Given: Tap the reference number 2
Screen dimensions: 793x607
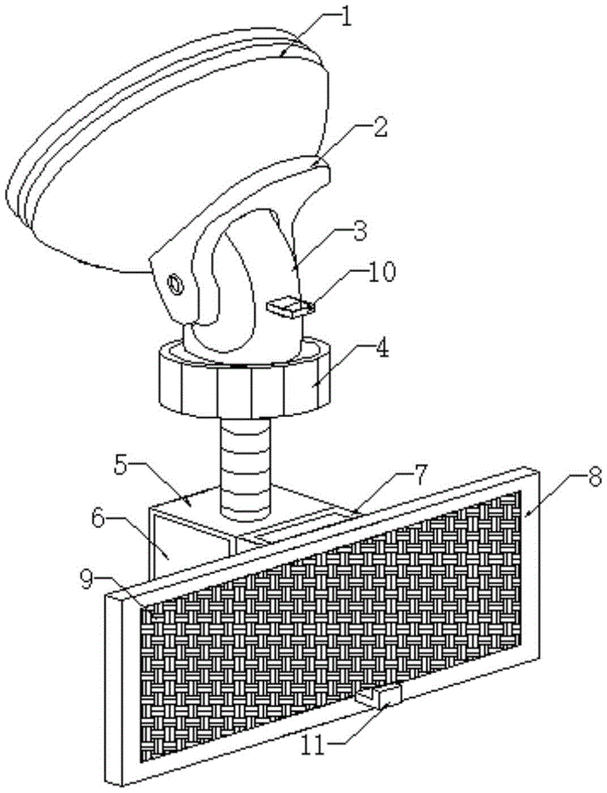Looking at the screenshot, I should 380,129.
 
